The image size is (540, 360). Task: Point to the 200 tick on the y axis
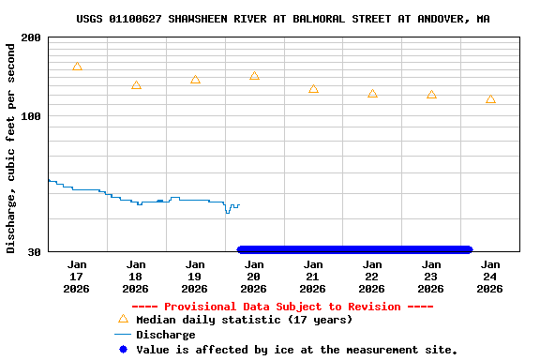(x=30, y=37)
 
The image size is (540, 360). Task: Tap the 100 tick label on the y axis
(x=30, y=115)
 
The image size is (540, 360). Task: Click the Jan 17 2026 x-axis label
(x=77, y=277)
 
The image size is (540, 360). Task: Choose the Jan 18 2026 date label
(x=136, y=277)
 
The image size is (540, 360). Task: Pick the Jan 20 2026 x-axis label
(x=254, y=277)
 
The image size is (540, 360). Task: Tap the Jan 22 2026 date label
(x=372, y=277)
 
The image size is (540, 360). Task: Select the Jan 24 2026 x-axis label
(x=490, y=277)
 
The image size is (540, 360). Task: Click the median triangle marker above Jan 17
(x=77, y=67)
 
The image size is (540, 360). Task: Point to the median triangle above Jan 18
(x=136, y=85)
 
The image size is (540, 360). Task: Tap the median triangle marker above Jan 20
(x=254, y=76)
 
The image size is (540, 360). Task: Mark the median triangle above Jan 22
(x=372, y=94)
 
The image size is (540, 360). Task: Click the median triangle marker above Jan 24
(x=490, y=99)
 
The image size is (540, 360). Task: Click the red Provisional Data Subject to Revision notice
(x=282, y=307)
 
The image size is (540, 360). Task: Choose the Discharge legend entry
(x=165, y=335)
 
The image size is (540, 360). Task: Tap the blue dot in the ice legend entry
(x=123, y=350)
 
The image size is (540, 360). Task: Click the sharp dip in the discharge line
(x=227, y=212)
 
